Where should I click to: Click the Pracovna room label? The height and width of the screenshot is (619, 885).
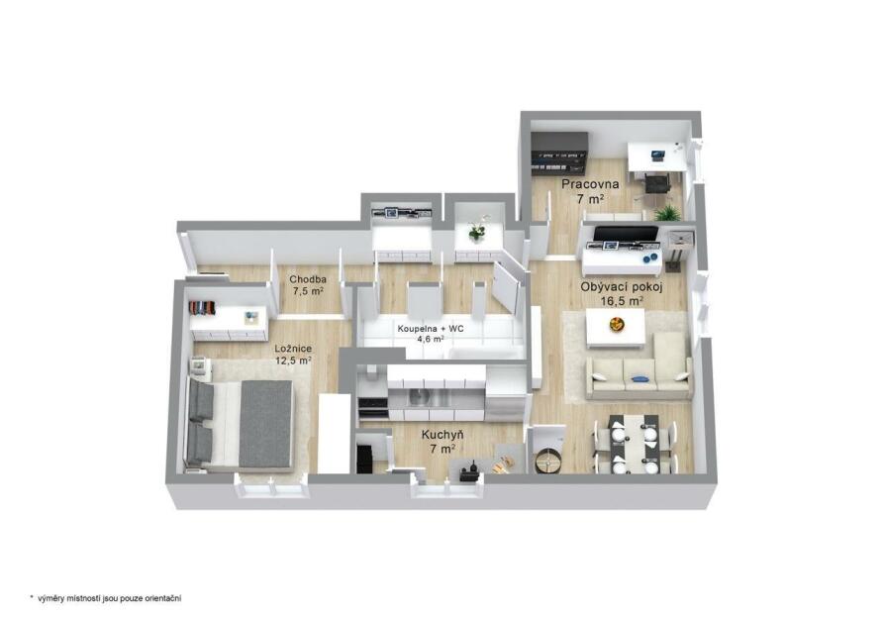pyautogui.click(x=590, y=184)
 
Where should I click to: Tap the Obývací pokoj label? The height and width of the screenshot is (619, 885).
pyautogui.click(x=622, y=286)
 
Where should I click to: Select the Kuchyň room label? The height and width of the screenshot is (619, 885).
pyautogui.click(x=443, y=435)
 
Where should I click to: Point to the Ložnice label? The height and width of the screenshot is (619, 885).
pyautogui.click(x=293, y=349)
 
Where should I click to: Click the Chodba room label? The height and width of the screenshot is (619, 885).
pyautogui.click(x=308, y=279)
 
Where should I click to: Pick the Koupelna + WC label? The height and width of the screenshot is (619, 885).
pyautogui.click(x=431, y=329)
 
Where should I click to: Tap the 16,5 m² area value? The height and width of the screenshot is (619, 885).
pyautogui.click(x=622, y=301)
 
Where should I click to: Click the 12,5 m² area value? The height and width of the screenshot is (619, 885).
pyautogui.click(x=293, y=361)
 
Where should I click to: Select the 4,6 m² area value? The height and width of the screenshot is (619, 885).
pyautogui.click(x=430, y=340)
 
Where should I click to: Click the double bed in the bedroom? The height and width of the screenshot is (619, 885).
pyautogui.click(x=242, y=424)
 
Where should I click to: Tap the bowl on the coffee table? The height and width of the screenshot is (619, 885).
pyautogui.click(x=617, y=324)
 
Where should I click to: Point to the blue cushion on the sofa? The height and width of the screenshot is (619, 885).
pyautogui.click(x=639, y=378)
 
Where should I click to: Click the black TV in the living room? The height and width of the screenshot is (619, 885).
pyautogui.click(x=626, y=235)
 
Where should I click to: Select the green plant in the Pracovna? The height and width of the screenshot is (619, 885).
pyautogui.click(x=667, y=213)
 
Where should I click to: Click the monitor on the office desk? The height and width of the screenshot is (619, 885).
pyautogui.click(x=657, y=155)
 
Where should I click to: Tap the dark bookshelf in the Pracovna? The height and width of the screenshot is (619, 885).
pyautogui.click(x=560, y=155)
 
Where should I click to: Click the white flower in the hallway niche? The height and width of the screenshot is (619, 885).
pyautogui.click(x=477, y=229)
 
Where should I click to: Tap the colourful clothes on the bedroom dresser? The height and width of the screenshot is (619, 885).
pyautogui.click(x=202, y=308)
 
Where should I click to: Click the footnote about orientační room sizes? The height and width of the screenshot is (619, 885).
pyautogui.click(x=106, y=598)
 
